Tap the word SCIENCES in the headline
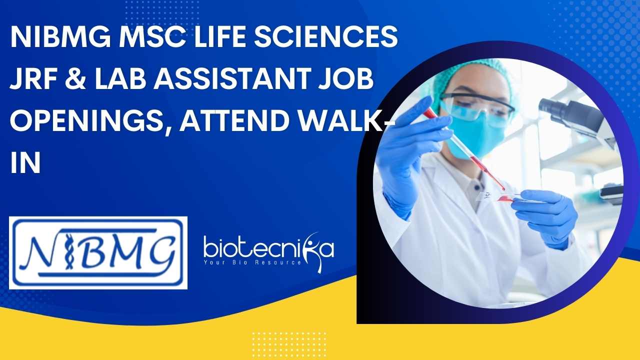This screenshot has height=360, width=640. tap(325, 37)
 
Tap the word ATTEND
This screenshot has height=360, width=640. tap(232, 120)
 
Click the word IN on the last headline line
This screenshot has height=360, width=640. tap(25, 162)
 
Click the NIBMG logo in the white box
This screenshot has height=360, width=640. tap(98, 253)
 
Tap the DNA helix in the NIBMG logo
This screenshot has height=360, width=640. tap(68, 251)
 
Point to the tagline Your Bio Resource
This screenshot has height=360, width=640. tap(252, 262)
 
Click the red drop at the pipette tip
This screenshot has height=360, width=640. tap(503, 189)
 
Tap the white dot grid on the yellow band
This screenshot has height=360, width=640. tap(289, 345)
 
